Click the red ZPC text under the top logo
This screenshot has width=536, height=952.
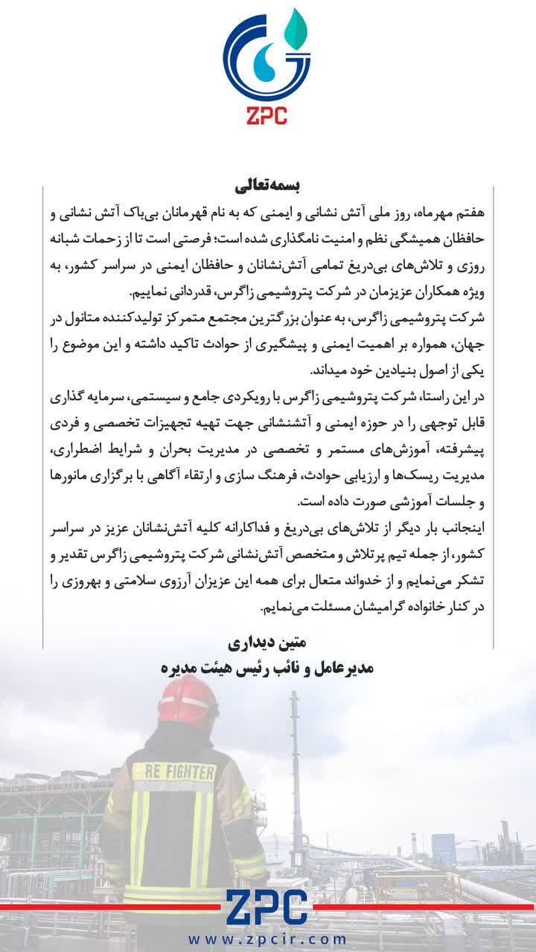(268, 115)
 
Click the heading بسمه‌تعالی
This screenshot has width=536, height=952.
(267, 183)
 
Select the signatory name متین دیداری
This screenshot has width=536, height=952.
(267, 642)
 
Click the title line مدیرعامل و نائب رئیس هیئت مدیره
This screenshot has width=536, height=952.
(267, 667)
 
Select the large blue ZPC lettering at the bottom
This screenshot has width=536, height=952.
(267, 907)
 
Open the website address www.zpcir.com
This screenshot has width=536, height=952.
(267, 940)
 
